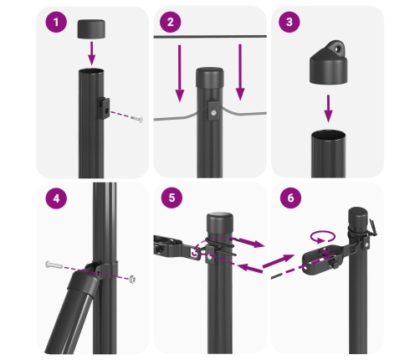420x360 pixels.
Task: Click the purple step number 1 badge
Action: [x=57, y=23]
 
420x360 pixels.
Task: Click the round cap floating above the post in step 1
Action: [x=92, y=29]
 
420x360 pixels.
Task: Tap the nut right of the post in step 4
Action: [x=134, y=277]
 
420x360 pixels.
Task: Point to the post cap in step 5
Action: [x=221, y=224]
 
